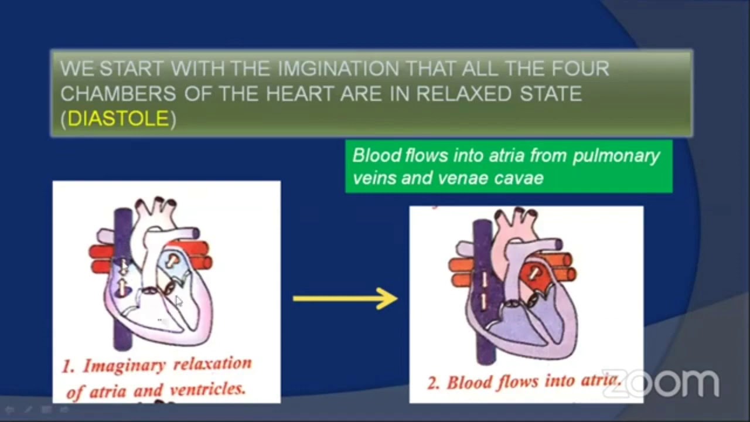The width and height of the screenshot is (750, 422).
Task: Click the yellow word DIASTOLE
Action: pyautogui.click(x=118, y=119)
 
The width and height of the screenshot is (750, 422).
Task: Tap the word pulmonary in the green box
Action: pyautogui.click(x=616, y=156)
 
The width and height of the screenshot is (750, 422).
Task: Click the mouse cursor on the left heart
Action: pyautogui.click(x=179, y=301)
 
